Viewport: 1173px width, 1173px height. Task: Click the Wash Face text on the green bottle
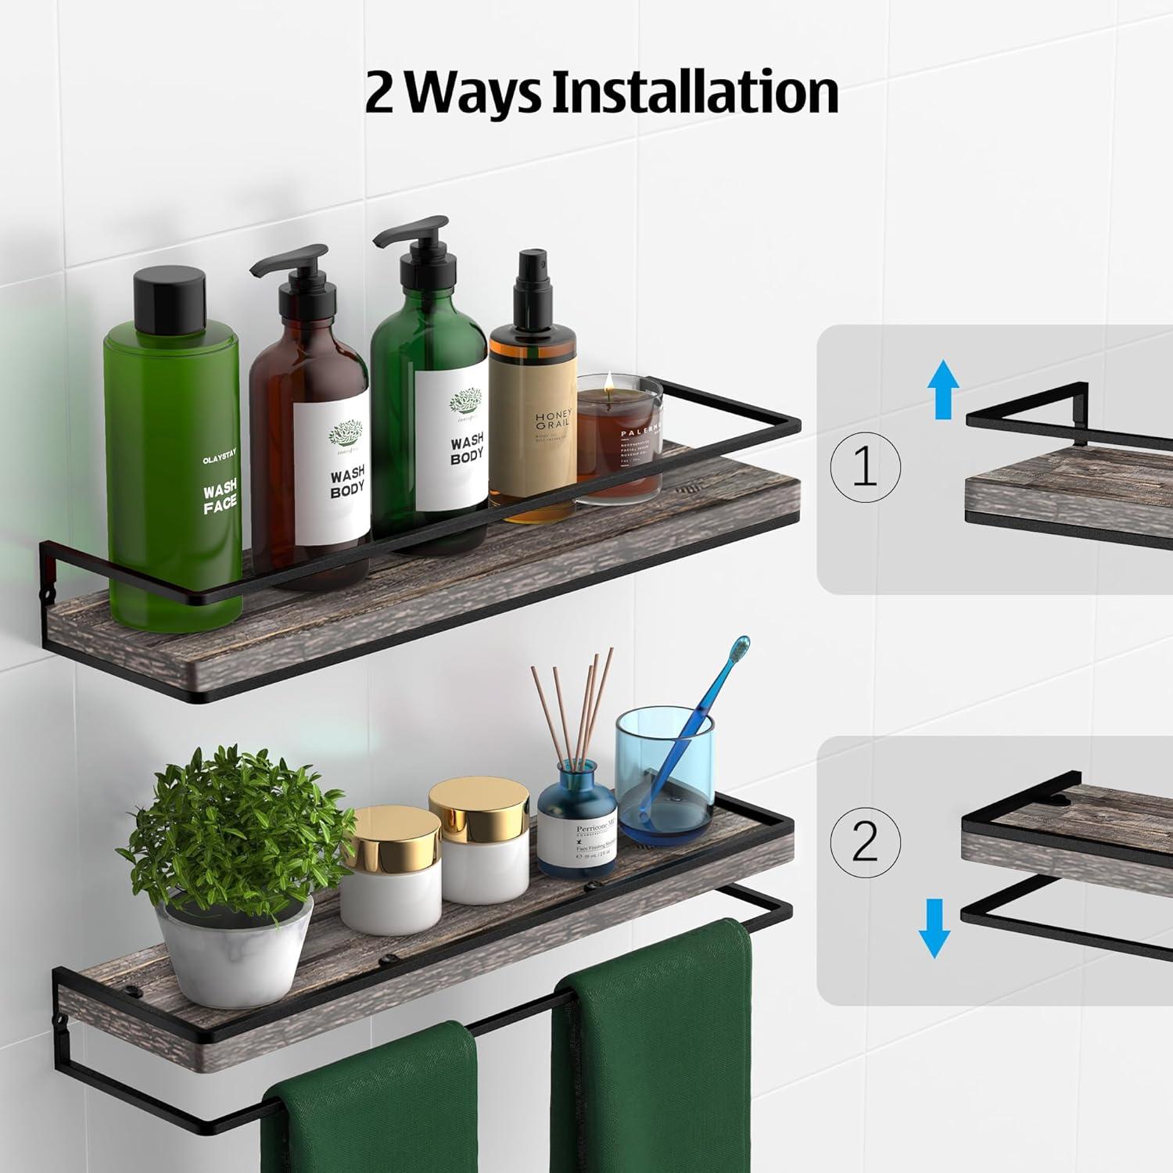pos(220,500)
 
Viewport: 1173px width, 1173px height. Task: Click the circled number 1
pos(864,467)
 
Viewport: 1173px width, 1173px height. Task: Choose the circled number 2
pos(864,842)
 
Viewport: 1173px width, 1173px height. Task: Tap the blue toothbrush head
pos(739,649)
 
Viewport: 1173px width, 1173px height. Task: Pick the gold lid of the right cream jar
pos(479,807)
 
